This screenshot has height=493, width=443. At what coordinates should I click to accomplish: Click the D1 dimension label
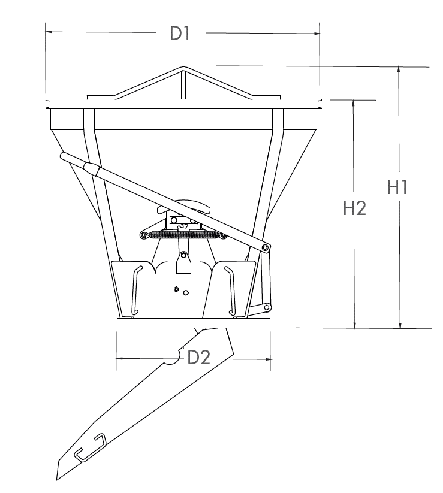click(180, 34)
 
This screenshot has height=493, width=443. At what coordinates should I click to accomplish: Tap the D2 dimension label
click(198, 357)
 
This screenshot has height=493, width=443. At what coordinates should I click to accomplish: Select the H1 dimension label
click(397, 187)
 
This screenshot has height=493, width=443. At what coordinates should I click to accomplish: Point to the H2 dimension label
click(355, 208)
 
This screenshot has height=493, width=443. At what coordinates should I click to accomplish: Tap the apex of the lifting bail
click(184, 68)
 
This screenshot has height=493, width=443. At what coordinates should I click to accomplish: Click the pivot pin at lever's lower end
click(265, 248)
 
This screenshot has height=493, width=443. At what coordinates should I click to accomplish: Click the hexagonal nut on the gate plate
click(176, 289)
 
